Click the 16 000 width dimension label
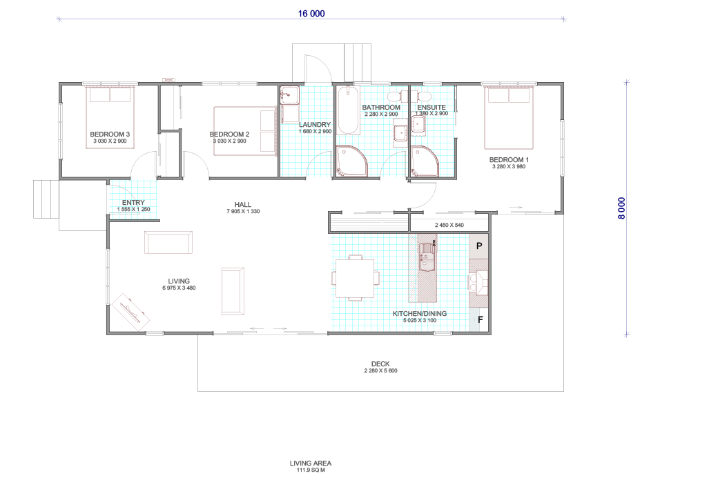(x=311, y=14)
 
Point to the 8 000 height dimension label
(x=621, y=208)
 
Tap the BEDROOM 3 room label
(x=110, y=134)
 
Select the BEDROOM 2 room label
(x=229, y=134)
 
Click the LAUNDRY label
(x=315, y=124)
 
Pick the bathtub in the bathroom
(x=349, y=110)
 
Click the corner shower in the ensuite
(x=425, y=161)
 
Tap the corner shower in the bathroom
(x=351, y=161)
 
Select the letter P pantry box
(x=479, y=246)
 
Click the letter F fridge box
(x=479, y=319)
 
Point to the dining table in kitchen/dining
(x=356, y=278)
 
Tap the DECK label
(x=380, y=364)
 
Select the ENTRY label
(x=133, y=203)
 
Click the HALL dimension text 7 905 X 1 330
(x=243, y=211)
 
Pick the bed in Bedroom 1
(x=509, y=117)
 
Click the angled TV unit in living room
(x=131, y=312)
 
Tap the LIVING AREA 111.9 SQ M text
(x=311, y=466)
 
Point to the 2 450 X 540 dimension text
(x=449, y=225)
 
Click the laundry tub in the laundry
(x=289, y=95)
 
